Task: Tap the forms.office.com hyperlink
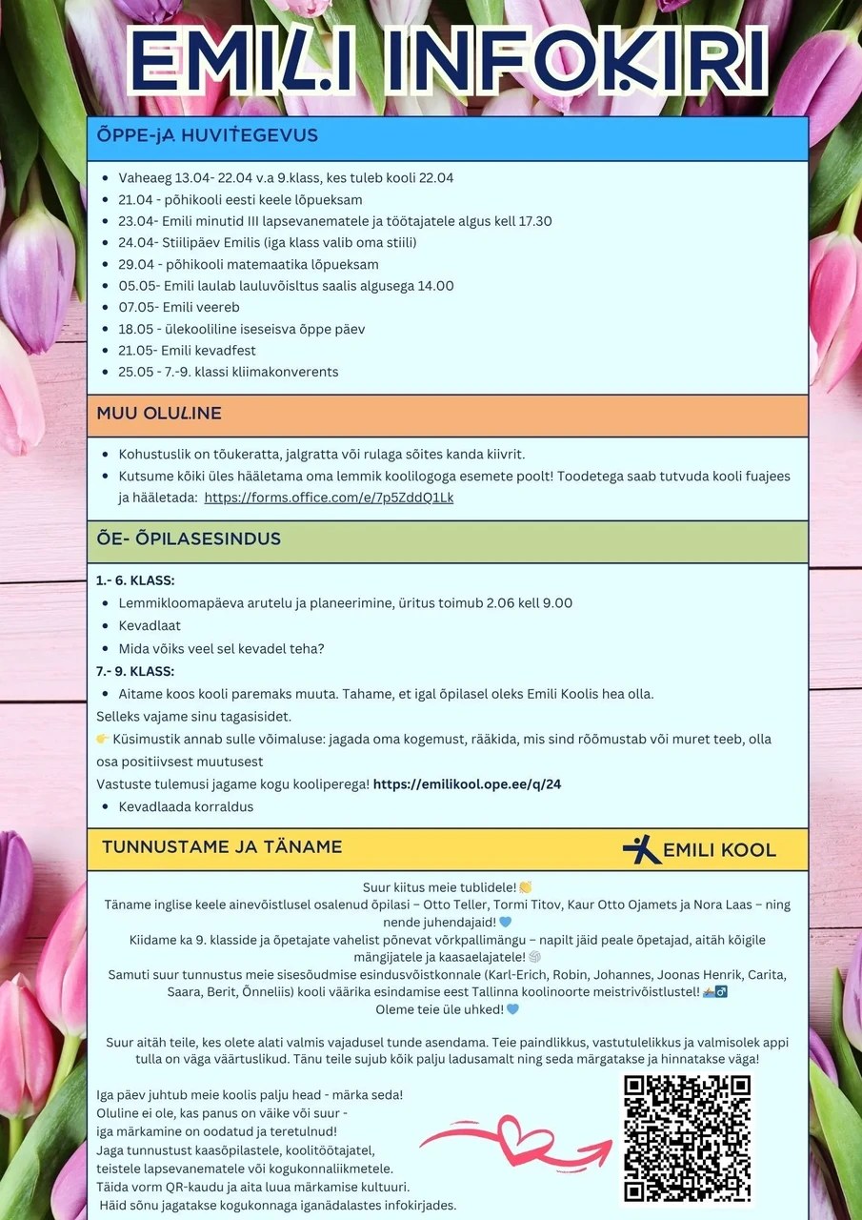click(329, 498)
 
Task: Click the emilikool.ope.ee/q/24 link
click(467, 784)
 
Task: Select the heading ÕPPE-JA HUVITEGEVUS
click(208, 135)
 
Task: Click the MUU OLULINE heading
click(159, 414)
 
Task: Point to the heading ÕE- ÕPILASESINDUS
click(189, 539)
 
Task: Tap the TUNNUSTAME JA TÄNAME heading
click(222, 846)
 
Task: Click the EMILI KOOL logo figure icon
click(641, 849)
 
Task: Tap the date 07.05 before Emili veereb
click(137, 307)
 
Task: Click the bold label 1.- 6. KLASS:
click(135, 580)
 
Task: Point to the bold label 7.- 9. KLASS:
click(135, 671)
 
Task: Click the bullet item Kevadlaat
click(150, 625)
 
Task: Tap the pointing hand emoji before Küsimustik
click(103, 739)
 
